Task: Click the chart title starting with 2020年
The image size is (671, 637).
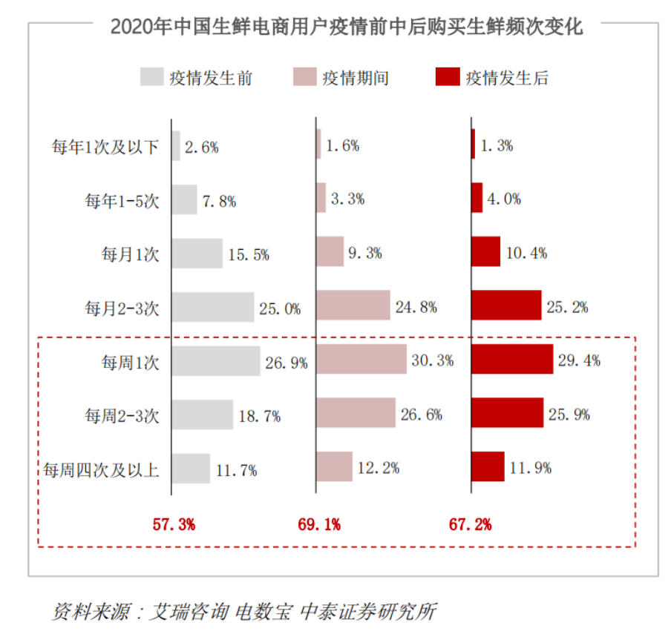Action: (347, 27)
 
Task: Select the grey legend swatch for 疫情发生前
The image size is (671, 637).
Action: (151, 77)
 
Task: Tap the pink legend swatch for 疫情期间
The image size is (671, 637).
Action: (304, 77)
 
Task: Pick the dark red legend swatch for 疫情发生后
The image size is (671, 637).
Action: (447, 77)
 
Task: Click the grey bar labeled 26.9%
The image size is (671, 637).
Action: (216, 362)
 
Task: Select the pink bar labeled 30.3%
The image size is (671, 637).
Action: (361, 360)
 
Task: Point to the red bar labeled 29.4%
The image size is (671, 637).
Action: (512, 360)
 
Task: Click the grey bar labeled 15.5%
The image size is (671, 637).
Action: (197, 254)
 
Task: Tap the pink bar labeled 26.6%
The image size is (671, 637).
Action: (356, 413)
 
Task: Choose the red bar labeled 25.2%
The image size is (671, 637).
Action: (506, 306)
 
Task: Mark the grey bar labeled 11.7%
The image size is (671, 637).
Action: (191, 469)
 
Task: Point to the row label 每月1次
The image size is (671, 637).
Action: (131, 255)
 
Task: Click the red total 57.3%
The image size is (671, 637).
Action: (174, 525)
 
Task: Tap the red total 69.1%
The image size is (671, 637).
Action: (319, 525)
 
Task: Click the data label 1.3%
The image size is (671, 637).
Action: (497, 146)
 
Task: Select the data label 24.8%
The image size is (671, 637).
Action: (416, 306)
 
